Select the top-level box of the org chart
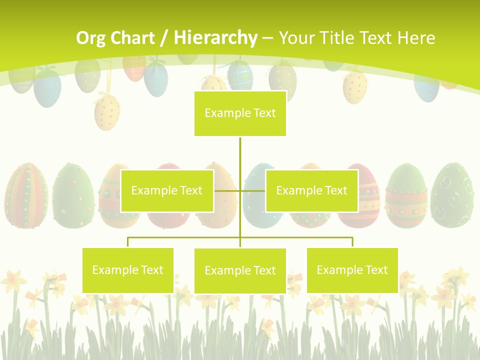(240, 113)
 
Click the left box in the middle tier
(167, 190)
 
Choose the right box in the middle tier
(311, 190)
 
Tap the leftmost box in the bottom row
(128, 270)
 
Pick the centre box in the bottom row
(240, 270)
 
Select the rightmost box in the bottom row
(352, 270)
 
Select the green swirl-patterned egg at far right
(452, 195)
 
